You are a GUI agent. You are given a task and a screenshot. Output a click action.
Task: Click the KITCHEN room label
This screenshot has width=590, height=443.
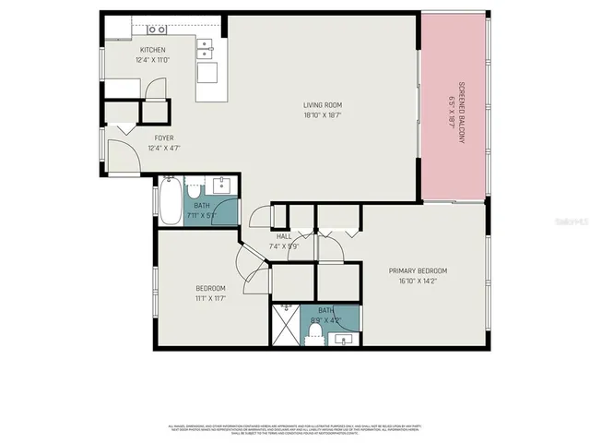point(152,50)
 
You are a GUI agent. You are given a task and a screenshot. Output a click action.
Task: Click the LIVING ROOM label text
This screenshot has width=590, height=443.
point(324,104)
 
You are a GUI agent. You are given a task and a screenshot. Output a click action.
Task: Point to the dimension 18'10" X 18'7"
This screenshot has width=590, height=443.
point(324,115)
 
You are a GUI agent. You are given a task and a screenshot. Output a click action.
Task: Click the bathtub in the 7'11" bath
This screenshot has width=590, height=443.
point(171,201)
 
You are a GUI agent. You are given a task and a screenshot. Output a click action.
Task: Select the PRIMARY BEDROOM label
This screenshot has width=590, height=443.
point(418,270)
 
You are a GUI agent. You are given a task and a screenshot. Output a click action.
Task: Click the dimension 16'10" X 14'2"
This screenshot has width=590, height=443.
point(418,281)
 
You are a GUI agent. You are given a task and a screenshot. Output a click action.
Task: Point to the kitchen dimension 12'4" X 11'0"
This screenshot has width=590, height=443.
point(152,60)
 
